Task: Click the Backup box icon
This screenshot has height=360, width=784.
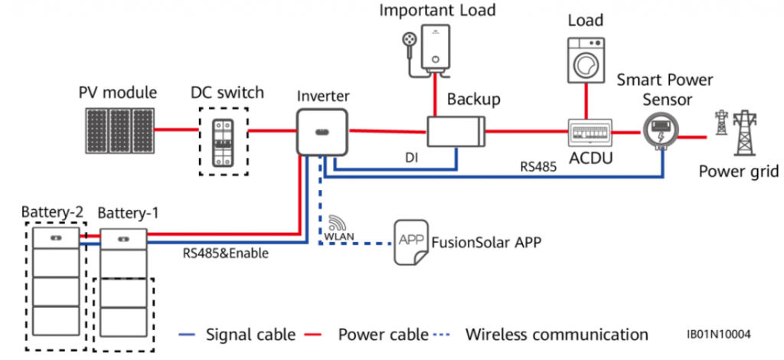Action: [456, 131]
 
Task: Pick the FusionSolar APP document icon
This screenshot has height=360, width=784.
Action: [410, 242]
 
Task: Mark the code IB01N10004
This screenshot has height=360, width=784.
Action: [719, 335]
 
